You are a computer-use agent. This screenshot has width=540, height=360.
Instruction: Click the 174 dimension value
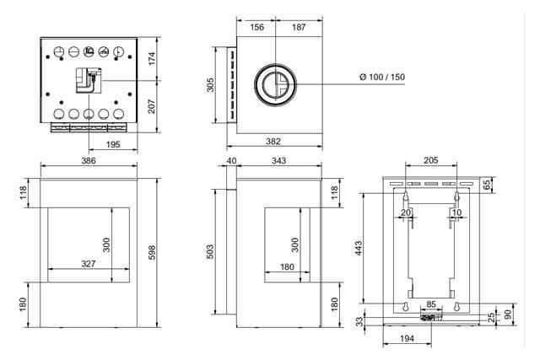(153, 59)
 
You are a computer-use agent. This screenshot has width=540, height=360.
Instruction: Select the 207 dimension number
(153, 107)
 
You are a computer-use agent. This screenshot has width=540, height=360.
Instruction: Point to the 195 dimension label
(114, 145)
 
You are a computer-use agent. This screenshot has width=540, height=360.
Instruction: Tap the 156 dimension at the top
(257, 28)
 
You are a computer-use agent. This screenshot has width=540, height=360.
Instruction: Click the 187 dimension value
(299, 28)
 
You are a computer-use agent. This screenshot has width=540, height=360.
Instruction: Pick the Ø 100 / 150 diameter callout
(382, 78)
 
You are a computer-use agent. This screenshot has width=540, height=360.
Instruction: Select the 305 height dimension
(211, 84)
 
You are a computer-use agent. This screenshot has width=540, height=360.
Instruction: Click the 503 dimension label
(211, 250)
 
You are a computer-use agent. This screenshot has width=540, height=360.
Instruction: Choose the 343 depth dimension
(277, 160)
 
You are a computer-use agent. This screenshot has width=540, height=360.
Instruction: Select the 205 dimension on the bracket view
(430, 160)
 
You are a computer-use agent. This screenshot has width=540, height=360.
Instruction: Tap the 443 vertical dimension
(359, 248)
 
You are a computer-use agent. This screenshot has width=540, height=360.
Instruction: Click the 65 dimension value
(487, 185)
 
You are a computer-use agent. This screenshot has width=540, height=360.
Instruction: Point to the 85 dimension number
(431, 304)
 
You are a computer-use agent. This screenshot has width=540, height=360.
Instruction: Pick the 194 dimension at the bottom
(408, 339)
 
